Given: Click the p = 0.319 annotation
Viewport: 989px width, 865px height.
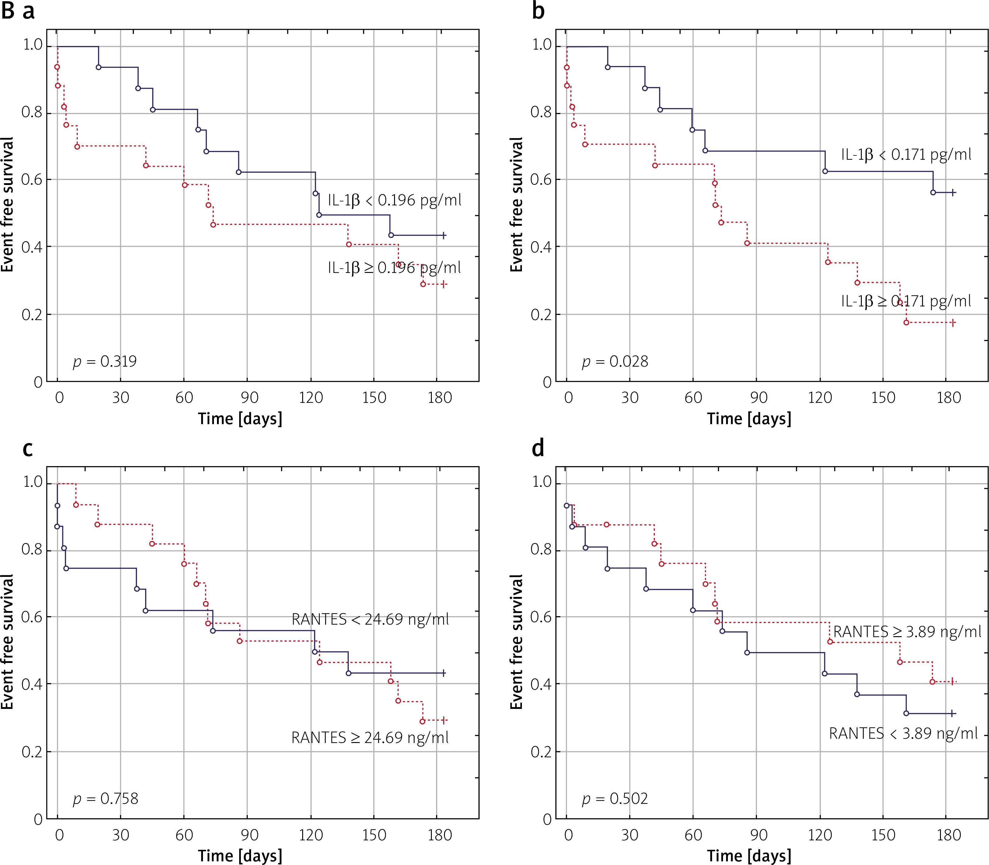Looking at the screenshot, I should [x=105, y=361].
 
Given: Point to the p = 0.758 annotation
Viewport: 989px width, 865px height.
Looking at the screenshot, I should [x=105, y=799].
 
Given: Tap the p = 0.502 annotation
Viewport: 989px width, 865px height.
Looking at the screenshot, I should [x=614, y=799].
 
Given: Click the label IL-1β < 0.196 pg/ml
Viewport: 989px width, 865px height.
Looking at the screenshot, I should [x=394, y=200].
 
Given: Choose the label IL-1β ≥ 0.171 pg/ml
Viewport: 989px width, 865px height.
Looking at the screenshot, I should [x=906, y=301].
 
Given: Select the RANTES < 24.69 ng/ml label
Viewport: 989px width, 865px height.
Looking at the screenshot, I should [x=370, y=619].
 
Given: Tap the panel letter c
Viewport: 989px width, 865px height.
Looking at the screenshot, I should [x=28, y=449].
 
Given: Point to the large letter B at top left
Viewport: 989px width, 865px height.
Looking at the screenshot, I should [x=8, y=11].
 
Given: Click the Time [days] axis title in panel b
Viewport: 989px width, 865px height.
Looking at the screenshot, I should [x=749, y=418].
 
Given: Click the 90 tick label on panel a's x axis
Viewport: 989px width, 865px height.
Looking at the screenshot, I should [x=249, y=398].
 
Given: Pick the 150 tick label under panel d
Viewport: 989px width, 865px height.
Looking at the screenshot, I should [x=883, y=835].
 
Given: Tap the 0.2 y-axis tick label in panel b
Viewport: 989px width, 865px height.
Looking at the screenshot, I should [x=541, y=315].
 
